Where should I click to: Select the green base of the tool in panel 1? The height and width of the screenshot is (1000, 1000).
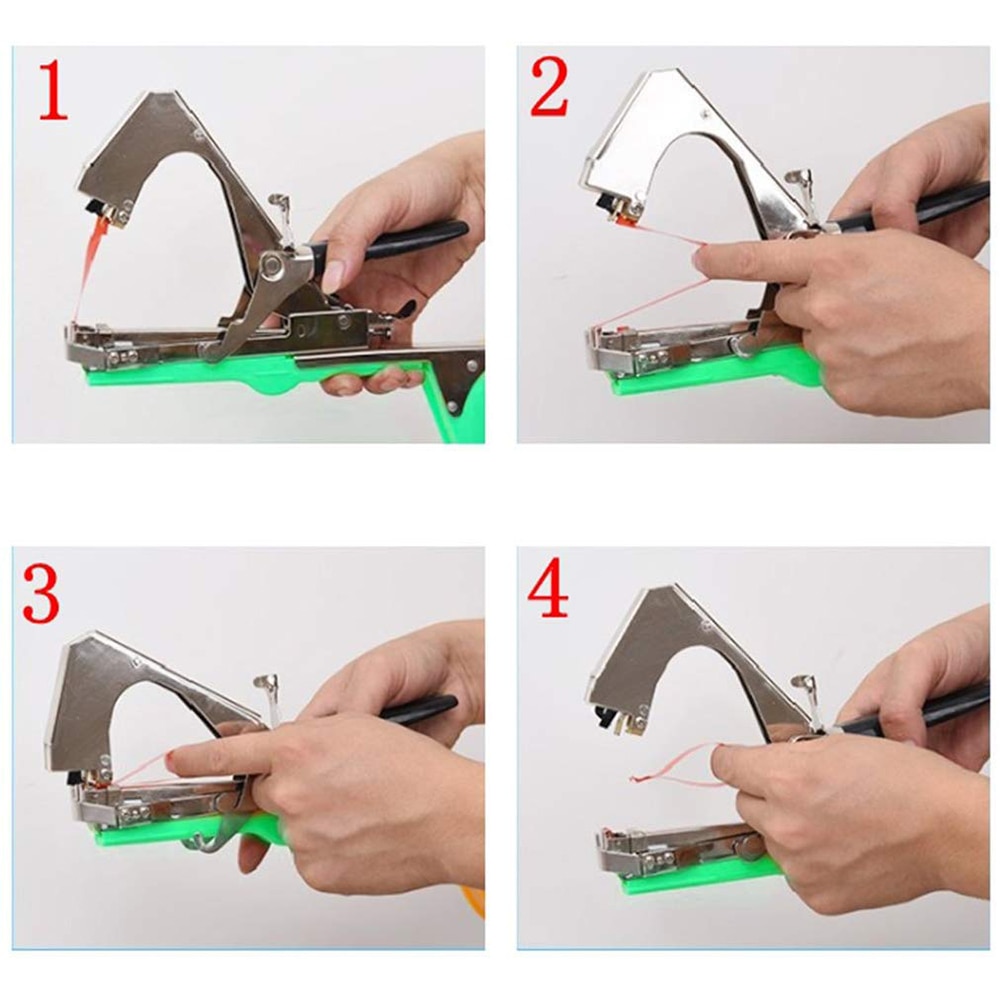pos(200,378)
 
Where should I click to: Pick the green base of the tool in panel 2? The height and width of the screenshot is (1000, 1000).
pos(700,380)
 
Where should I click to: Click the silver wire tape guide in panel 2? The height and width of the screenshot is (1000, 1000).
pos(797,183)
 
